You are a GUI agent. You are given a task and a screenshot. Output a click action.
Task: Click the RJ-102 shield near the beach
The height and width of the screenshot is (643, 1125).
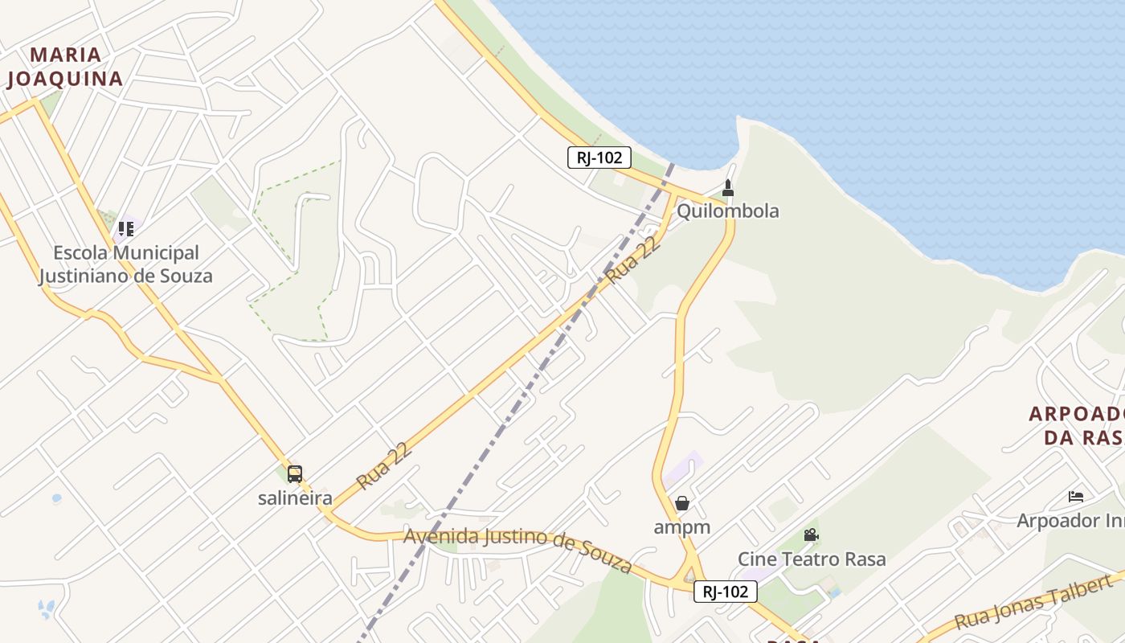(x=599, y=158)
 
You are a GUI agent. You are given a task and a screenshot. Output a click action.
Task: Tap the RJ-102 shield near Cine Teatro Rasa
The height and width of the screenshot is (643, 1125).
(x=726, y=592)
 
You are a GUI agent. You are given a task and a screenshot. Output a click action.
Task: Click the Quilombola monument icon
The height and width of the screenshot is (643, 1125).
(x=728, y=188)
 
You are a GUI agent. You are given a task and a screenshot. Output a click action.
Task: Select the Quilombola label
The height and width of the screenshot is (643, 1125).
(x=728, y=211)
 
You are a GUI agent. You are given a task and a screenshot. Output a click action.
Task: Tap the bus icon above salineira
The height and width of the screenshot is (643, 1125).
(x=295, y=473)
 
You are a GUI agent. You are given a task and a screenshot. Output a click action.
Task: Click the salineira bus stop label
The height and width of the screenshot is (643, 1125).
(x=295, y=498)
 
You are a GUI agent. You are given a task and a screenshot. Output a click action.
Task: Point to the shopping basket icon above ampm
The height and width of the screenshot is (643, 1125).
(x=682, y=503)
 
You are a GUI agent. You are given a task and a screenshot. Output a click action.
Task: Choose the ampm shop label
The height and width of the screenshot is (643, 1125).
(x=682, y=527)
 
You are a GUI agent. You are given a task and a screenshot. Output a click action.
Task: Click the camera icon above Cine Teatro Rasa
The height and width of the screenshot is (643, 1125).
(x=811, y=534)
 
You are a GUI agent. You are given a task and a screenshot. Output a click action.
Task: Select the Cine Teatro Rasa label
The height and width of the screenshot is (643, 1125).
(x=812, y=559)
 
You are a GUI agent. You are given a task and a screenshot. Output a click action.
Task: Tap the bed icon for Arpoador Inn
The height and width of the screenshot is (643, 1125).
(x=1076, y=497)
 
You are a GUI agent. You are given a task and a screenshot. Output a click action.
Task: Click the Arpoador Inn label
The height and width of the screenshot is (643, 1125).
(x=1070, y=520)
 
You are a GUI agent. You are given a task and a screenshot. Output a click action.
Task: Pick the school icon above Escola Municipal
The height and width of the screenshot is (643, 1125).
(x=125, y=229)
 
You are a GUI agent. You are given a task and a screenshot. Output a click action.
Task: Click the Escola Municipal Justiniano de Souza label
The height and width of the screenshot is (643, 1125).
(x=126, y=264)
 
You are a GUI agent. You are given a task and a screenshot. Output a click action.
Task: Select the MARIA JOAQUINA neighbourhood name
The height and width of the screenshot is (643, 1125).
(x=65, y=67)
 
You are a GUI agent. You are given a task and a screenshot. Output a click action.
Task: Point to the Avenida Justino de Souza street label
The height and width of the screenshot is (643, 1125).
(x=518, y=549)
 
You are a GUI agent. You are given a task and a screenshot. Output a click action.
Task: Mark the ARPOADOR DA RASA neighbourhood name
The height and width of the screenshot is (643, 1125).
(x=1077, y=425)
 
